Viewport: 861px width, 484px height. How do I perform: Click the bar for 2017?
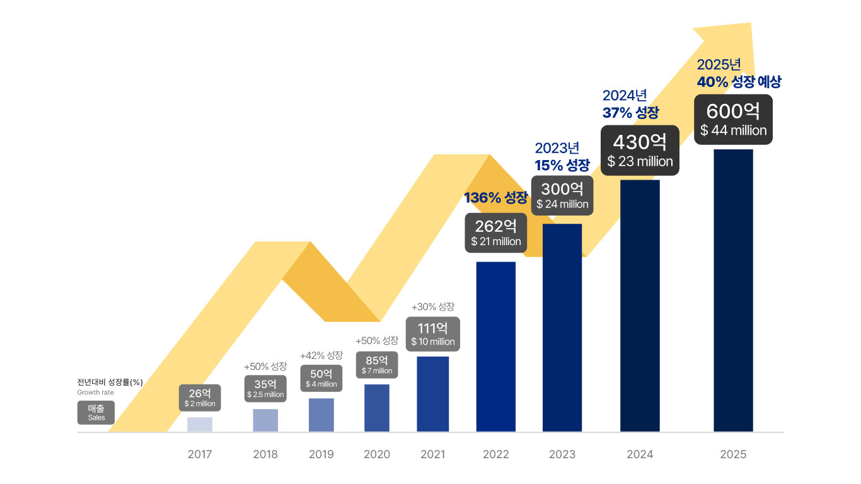point(200,424)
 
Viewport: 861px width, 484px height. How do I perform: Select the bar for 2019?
point(321,415)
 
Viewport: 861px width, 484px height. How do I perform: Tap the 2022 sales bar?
point(495,347)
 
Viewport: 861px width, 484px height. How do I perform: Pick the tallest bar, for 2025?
point(733,290)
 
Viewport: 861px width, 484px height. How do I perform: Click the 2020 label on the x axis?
point(377,454)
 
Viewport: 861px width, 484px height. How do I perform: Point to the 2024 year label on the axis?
point(640,454)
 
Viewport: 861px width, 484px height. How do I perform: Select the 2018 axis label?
point(265,454)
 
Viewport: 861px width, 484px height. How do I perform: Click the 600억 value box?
point(733,119)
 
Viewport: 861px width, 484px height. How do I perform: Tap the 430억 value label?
point(640,150)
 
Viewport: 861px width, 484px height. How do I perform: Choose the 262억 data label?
point(495,233)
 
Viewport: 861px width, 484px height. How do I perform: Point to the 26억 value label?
point(200,398)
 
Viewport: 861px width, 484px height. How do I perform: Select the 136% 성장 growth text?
point(495,198)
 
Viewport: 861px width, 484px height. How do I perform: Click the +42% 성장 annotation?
point(321,355)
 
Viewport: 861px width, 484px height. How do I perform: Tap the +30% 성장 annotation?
point(432,307)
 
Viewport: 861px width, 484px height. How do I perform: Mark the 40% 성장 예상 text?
point(739,82)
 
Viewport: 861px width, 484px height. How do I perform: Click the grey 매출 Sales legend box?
point(96,413)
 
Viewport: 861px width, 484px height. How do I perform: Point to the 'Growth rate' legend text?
point(95,393)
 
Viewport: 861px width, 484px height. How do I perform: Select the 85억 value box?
point(377,365)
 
